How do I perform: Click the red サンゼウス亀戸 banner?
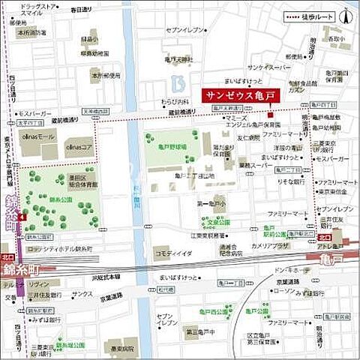point(238,95)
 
